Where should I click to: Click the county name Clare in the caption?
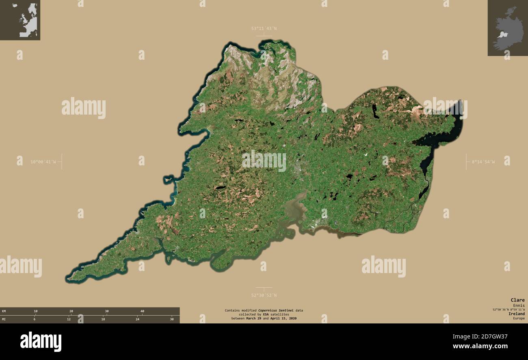[517, 300]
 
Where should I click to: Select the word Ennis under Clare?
[518, 306]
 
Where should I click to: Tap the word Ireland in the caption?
[517, 314]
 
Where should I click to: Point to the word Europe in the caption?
[518, 318]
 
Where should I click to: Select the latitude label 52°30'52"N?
[264, 295]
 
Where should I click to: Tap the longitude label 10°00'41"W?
[43, 162]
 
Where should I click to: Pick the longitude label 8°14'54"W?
[483, 162]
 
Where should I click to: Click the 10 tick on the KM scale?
[36, 311]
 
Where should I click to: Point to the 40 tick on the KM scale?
[142, 311]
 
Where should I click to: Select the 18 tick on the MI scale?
[103, 319]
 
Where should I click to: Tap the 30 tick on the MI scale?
[172, 319]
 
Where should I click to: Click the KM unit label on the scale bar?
[4, 311]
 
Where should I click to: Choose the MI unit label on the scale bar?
[4, 319]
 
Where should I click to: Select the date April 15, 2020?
[283, 319]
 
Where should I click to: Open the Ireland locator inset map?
[508, 28]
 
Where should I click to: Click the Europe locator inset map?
[20, 20]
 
